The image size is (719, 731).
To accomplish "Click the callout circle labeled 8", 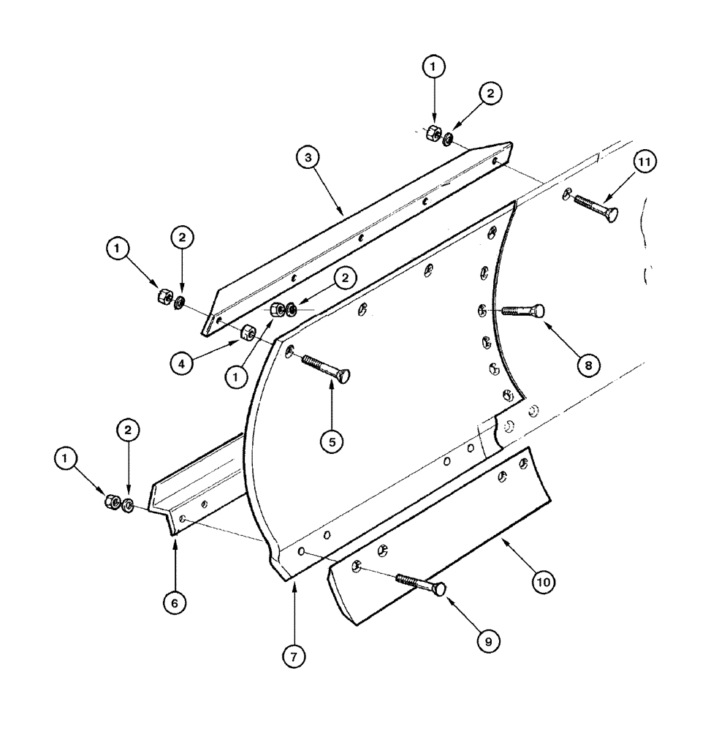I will pyautogui.click(x=589, y=363).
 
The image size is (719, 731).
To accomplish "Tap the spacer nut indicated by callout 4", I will pyautogui.click(x=248, y=333).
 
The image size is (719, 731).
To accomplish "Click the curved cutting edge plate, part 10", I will pyautogui.click(x=438, y=541).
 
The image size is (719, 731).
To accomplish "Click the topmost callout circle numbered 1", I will pyautogui.click(x=434, y=67).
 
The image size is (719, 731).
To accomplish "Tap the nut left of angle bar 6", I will pyautogui.click(x=113, y=501).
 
